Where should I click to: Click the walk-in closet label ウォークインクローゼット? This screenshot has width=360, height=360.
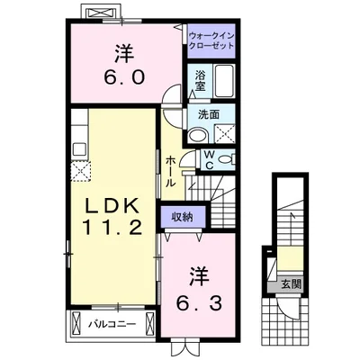(x=212, y=40)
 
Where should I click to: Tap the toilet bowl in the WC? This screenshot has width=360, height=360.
(x=226, y=159)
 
